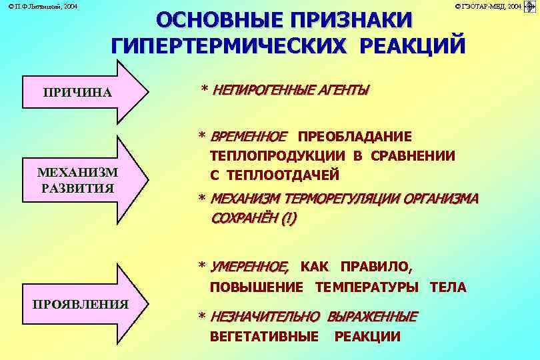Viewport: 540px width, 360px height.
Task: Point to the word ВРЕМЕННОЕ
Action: coord(248,137)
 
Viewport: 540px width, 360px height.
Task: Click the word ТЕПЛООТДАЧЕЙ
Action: coord(283,175)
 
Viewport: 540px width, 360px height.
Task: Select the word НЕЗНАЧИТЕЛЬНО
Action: coord(265,316)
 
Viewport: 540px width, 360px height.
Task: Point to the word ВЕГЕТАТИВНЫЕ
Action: coord(264,336)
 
